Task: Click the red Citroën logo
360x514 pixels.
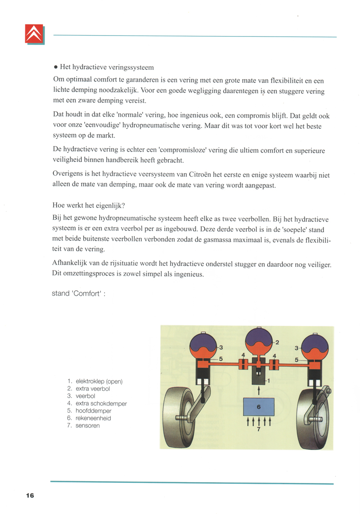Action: click(x=35, y=34)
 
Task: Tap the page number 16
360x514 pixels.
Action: click(x=30, y=495)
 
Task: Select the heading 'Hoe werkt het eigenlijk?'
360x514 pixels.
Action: click(x=89, y=206)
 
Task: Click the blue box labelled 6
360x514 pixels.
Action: click(x=258, y=406)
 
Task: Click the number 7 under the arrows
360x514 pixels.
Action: click(x=259, y=429)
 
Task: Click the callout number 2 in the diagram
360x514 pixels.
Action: click(x=277, y=342)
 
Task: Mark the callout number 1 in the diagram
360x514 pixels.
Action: click(x=268, y=380)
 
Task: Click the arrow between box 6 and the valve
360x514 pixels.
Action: click(x=259, y=391)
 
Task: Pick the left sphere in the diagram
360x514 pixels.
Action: click(x=205, y=347)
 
